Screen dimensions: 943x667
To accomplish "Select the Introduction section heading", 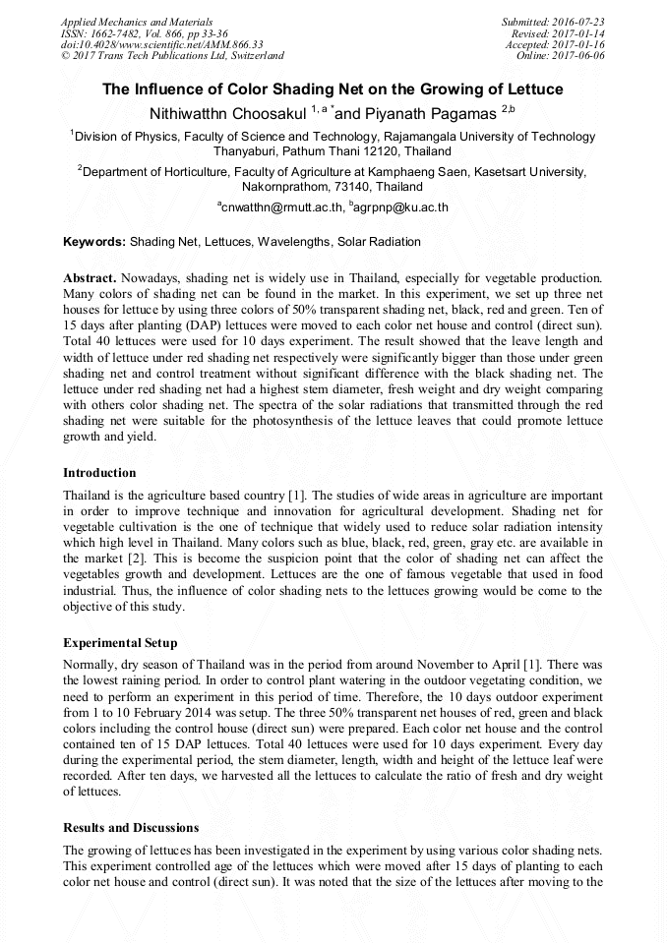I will click(x=99, y=472).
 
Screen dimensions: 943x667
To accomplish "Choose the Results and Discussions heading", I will click(x=131, y=827).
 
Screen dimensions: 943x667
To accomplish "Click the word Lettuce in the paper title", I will click(x=534, y=89).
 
